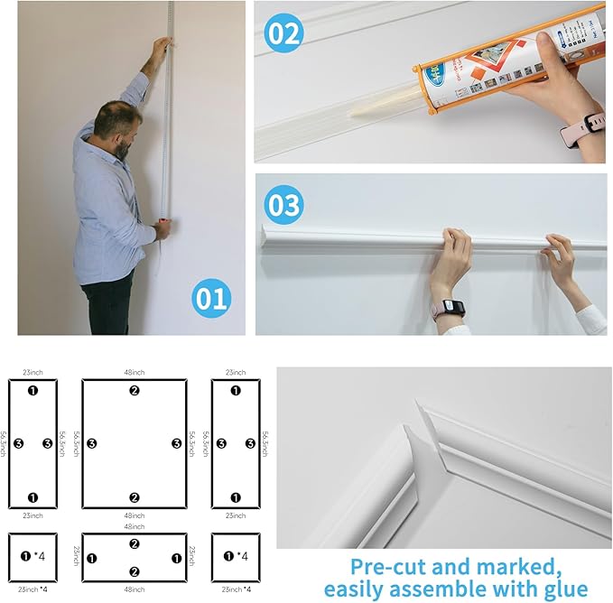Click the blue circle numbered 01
(210, 297)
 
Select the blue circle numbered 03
(283, 204)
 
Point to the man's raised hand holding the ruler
(160, 47)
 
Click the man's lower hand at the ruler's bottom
(163, 230)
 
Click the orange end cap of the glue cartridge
(423, 76)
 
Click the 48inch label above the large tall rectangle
(134, 372)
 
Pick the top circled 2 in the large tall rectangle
(134, 391)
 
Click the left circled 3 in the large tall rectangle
(92, 444)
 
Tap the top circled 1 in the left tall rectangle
(33, 391)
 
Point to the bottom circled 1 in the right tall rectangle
(236, 497)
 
